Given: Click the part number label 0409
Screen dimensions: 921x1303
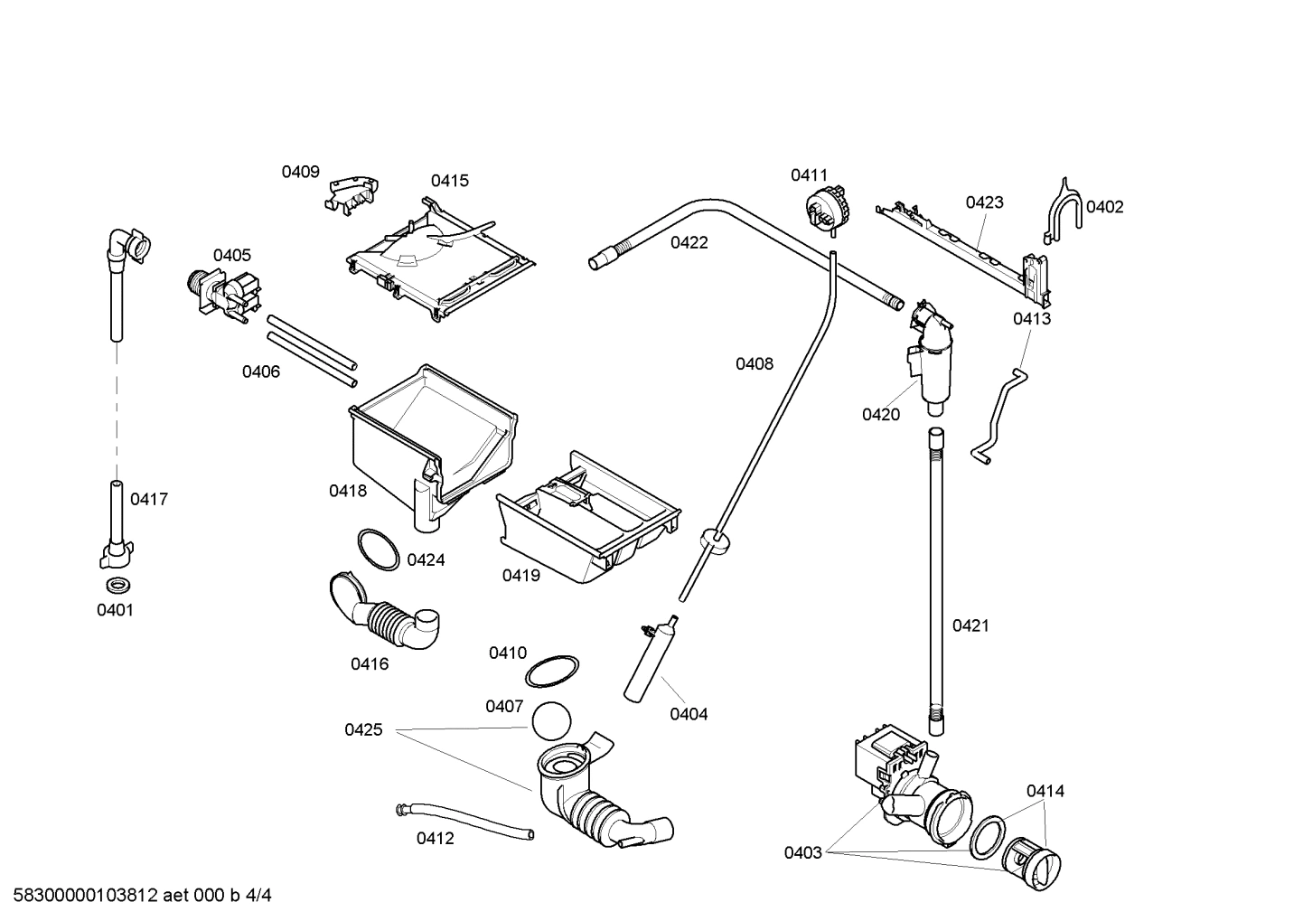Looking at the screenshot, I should [300, 172].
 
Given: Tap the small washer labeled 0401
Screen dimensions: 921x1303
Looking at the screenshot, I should [116, 584].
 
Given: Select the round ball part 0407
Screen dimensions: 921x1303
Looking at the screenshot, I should [552, 724].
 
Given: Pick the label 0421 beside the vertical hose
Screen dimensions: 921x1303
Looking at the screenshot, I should [970, 625].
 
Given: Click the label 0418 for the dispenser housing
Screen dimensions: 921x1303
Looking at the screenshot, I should [348, 491].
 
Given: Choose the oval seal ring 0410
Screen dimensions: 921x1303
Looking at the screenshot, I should [551, 672].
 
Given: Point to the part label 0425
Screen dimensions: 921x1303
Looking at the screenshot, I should [363, 729].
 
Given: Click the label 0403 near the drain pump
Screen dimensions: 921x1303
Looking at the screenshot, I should [802, 852].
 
